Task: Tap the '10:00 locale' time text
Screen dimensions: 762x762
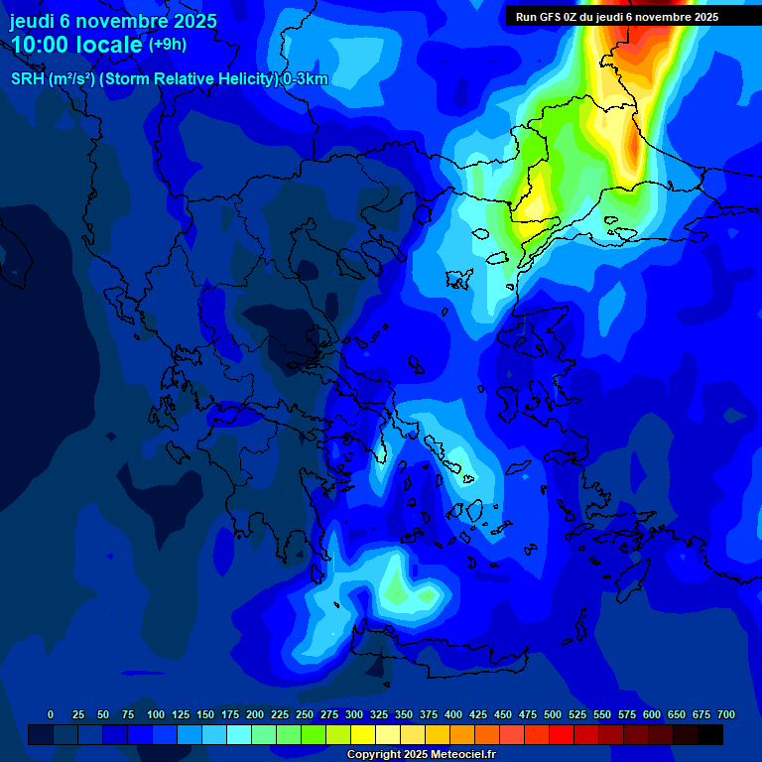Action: [x=76, y=46]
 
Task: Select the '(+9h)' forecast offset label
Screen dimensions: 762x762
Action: [x=167, y=45]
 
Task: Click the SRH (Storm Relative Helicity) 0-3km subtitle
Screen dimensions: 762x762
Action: [x=169, y=79]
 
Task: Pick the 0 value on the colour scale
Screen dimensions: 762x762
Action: [x=51, y=714]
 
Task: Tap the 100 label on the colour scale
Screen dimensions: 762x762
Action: [x=156, y=714]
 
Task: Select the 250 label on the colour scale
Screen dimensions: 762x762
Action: [x=305, y=714]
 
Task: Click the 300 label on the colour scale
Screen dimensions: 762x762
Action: [x=354, y=714]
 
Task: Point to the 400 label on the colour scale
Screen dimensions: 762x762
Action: [x=453, y=714]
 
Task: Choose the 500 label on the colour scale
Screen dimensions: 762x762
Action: [x=553, y=714]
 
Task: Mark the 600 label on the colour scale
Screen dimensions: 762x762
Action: [x=652, y=714]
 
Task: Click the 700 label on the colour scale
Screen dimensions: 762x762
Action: [x=726, y=714]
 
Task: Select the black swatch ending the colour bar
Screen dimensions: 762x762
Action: [x=710, y=734]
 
